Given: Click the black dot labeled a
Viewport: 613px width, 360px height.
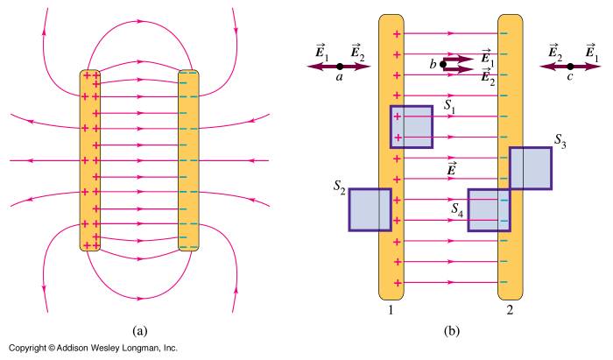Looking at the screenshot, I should coord(340,67).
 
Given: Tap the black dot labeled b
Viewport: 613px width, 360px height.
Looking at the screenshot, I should coord(444,64).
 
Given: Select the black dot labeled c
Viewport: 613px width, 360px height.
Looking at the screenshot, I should coord(569,67).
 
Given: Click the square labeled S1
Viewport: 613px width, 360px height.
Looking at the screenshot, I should coord(411,127).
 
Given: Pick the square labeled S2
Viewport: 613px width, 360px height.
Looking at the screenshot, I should coord(370,209).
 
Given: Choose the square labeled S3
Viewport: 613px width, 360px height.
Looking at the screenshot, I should coord(530,168).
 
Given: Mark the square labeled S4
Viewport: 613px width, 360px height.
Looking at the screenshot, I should coord(489,210).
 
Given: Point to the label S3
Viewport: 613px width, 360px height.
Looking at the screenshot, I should coord(561,141).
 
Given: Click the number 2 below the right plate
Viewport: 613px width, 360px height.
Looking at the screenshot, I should coord(509,308).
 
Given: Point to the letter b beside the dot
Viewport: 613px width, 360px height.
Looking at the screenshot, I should coord(433,63).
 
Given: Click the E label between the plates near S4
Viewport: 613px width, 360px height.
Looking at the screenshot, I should coord(452,170).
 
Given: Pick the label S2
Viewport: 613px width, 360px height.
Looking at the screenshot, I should coord(339,190).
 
